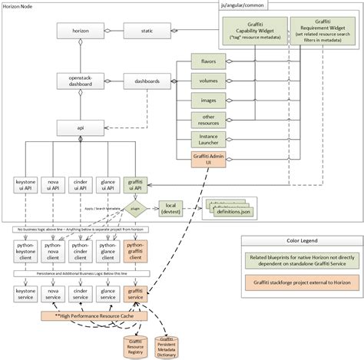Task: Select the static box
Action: coord(146,31)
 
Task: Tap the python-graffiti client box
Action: coord(135,250)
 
